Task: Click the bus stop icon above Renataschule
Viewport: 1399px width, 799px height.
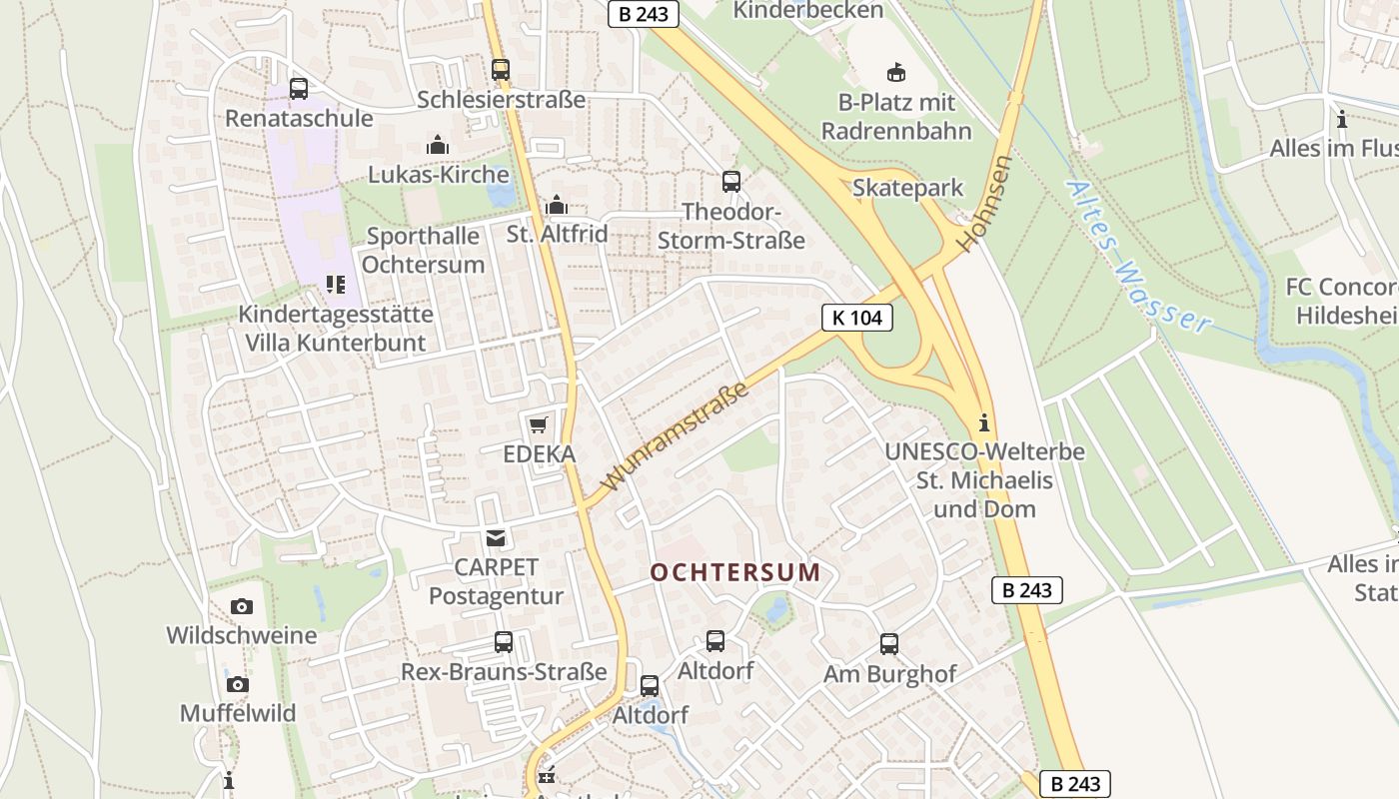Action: [299, 88]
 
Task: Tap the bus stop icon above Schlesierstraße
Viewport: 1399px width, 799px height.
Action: [501, 70]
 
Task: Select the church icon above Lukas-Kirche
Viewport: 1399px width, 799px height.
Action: [438, 145]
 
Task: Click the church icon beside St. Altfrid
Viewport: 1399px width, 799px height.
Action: [557, 206]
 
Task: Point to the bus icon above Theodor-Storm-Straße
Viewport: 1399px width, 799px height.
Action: [731, 181]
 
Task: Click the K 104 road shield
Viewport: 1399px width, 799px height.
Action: [856, 318]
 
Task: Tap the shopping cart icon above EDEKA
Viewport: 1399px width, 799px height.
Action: [539, 424]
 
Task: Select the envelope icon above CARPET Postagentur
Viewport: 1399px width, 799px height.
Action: [495, 538]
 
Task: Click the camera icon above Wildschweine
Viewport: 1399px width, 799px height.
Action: [241, 606]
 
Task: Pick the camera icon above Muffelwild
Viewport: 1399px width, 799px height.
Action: [237, 684]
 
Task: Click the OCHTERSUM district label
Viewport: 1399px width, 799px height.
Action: [735, 573]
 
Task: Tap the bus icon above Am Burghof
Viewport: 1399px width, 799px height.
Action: [889, 644]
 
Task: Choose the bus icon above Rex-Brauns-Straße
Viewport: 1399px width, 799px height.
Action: [504, 641]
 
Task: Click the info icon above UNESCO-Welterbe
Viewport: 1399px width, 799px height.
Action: [984, 421]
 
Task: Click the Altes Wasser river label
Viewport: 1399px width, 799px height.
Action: [1137, 257]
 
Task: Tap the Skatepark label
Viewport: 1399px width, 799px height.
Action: [907, 188]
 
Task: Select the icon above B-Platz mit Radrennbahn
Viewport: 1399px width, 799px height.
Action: [896, 72]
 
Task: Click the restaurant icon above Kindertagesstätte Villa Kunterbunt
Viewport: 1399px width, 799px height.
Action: [336, 285]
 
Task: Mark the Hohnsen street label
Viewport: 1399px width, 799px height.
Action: [983, 203]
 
